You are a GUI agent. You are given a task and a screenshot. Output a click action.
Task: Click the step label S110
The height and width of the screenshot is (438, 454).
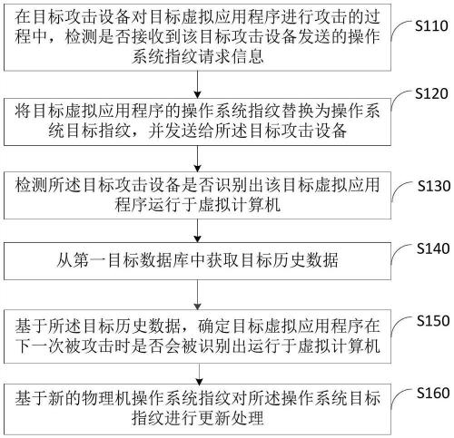[x=431, y=25]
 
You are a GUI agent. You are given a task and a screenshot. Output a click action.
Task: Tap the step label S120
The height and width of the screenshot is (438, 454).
[x=431, y=93]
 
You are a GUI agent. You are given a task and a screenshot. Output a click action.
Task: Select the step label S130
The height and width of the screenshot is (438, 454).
[x=434, y=186]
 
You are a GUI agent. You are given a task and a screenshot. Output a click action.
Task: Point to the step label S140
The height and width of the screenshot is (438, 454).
[x=433, y=248]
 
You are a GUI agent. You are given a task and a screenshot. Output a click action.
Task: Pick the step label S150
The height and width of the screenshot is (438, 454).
[x=433, y=321]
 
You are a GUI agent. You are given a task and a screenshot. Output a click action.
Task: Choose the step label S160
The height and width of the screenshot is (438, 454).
[x=433, y=393]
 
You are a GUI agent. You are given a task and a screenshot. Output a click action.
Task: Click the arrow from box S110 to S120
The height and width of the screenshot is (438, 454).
[x=197, y=84]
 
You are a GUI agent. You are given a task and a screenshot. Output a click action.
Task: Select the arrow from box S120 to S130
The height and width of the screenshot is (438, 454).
[x=197, y=159]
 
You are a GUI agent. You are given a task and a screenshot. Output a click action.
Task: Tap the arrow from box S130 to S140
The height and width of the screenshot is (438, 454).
[x=197, y=230]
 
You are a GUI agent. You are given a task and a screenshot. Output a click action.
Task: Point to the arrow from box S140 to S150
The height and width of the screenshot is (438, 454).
[x=197, y=295]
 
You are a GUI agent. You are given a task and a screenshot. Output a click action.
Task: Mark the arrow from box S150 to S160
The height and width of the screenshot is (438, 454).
[x=199, y=375]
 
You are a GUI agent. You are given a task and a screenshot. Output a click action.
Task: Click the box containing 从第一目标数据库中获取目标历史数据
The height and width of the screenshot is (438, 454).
[x=197, y=261]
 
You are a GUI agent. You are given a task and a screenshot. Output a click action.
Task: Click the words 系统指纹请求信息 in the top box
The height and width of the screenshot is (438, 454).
[x=197, y=56]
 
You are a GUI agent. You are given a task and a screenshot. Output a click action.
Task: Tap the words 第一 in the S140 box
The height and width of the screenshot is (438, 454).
[x=89, y=260]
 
